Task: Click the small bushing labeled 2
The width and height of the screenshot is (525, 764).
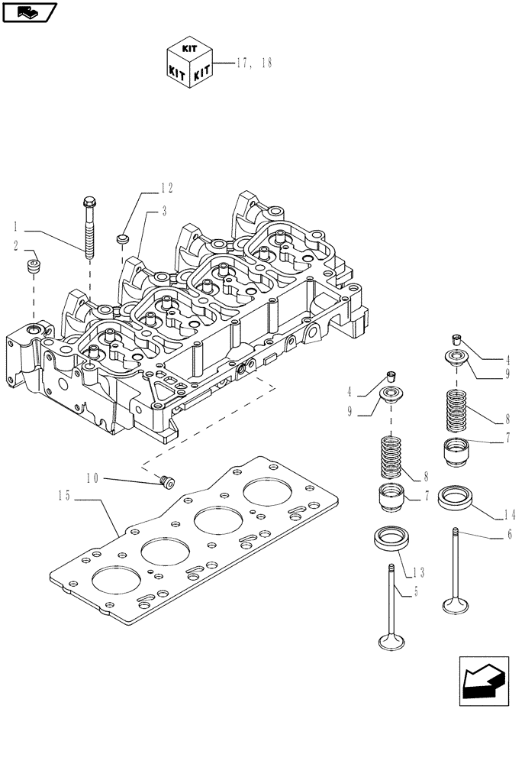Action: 34,267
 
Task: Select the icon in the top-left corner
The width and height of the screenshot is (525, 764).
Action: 28,11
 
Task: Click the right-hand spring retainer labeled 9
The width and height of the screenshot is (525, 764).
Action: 457,358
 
